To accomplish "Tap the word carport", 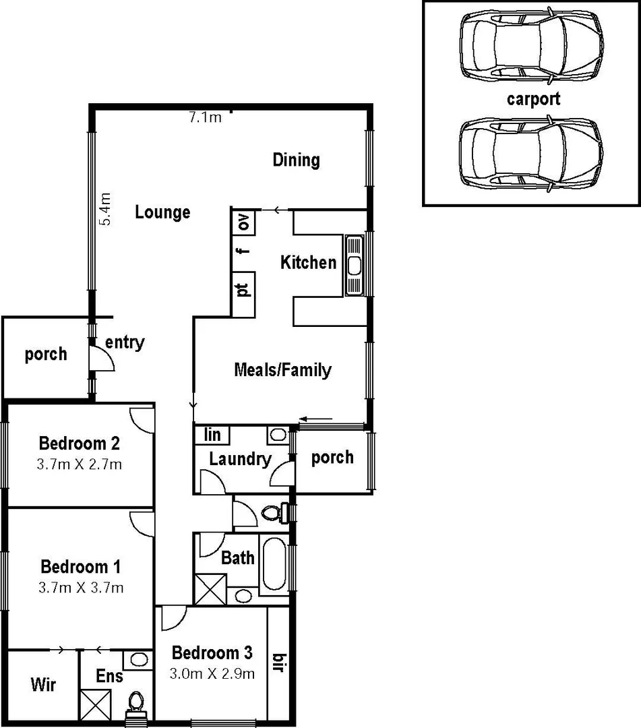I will tap(533, 99).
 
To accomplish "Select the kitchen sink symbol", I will tap(355, 265).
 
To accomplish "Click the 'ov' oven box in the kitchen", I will tap(244, 222).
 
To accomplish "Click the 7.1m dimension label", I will tap(205, 117).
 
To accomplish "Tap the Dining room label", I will tap(296, 160).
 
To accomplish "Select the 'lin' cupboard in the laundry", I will tap(212, 435).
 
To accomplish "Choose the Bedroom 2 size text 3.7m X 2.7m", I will tap(80, 464).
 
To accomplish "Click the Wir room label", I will tap(43, 685).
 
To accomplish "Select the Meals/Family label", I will tap(282, 369).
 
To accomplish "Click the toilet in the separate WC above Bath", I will tap(271, 513).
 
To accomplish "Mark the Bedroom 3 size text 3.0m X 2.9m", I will tap(212, 673).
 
